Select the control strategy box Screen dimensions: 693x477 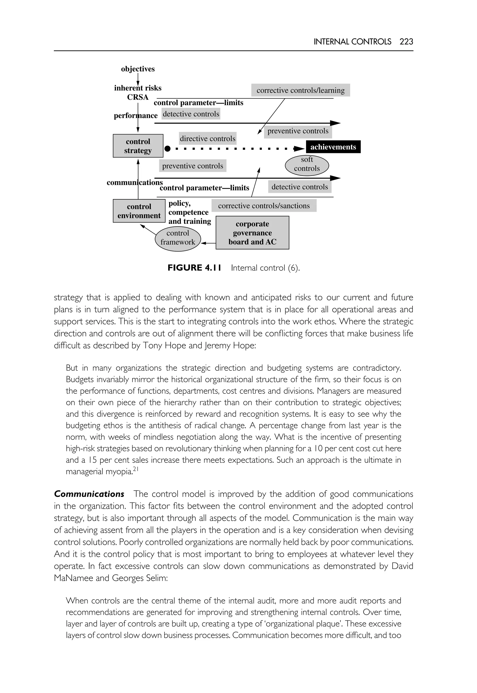pos(138,146)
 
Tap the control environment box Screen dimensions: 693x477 pos(139,211)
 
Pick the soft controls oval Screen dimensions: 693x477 pos(307,164)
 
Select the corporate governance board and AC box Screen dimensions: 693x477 pos(252,233)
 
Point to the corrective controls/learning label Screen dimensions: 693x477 pos(300,90)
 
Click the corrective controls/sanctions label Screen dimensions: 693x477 pos(264,206)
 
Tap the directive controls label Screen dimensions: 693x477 pos(208,139)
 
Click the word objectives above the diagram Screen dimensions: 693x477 pos(138,69)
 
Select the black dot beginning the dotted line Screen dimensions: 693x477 pos(168,149)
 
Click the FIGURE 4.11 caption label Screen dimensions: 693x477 pos(194,268)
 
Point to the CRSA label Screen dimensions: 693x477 pos(138,97)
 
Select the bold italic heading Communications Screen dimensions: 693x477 pos(89,494)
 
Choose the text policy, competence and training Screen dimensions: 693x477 pos(189,212)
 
